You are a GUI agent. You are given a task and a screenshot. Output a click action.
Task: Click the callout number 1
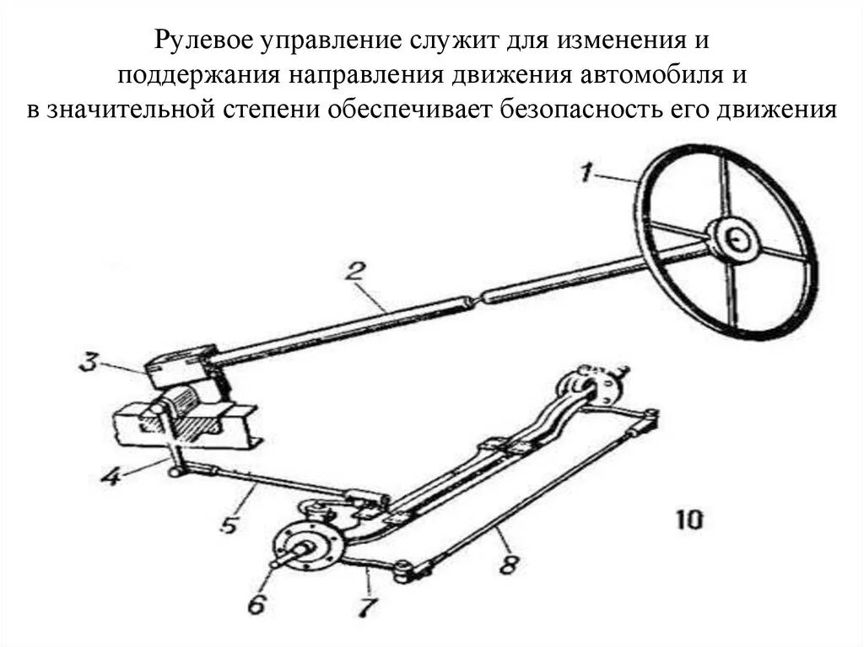coord(587,175)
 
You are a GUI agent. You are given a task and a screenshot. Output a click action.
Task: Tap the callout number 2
coord(354,272)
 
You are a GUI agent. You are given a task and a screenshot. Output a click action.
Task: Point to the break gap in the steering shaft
coord(475,296)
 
